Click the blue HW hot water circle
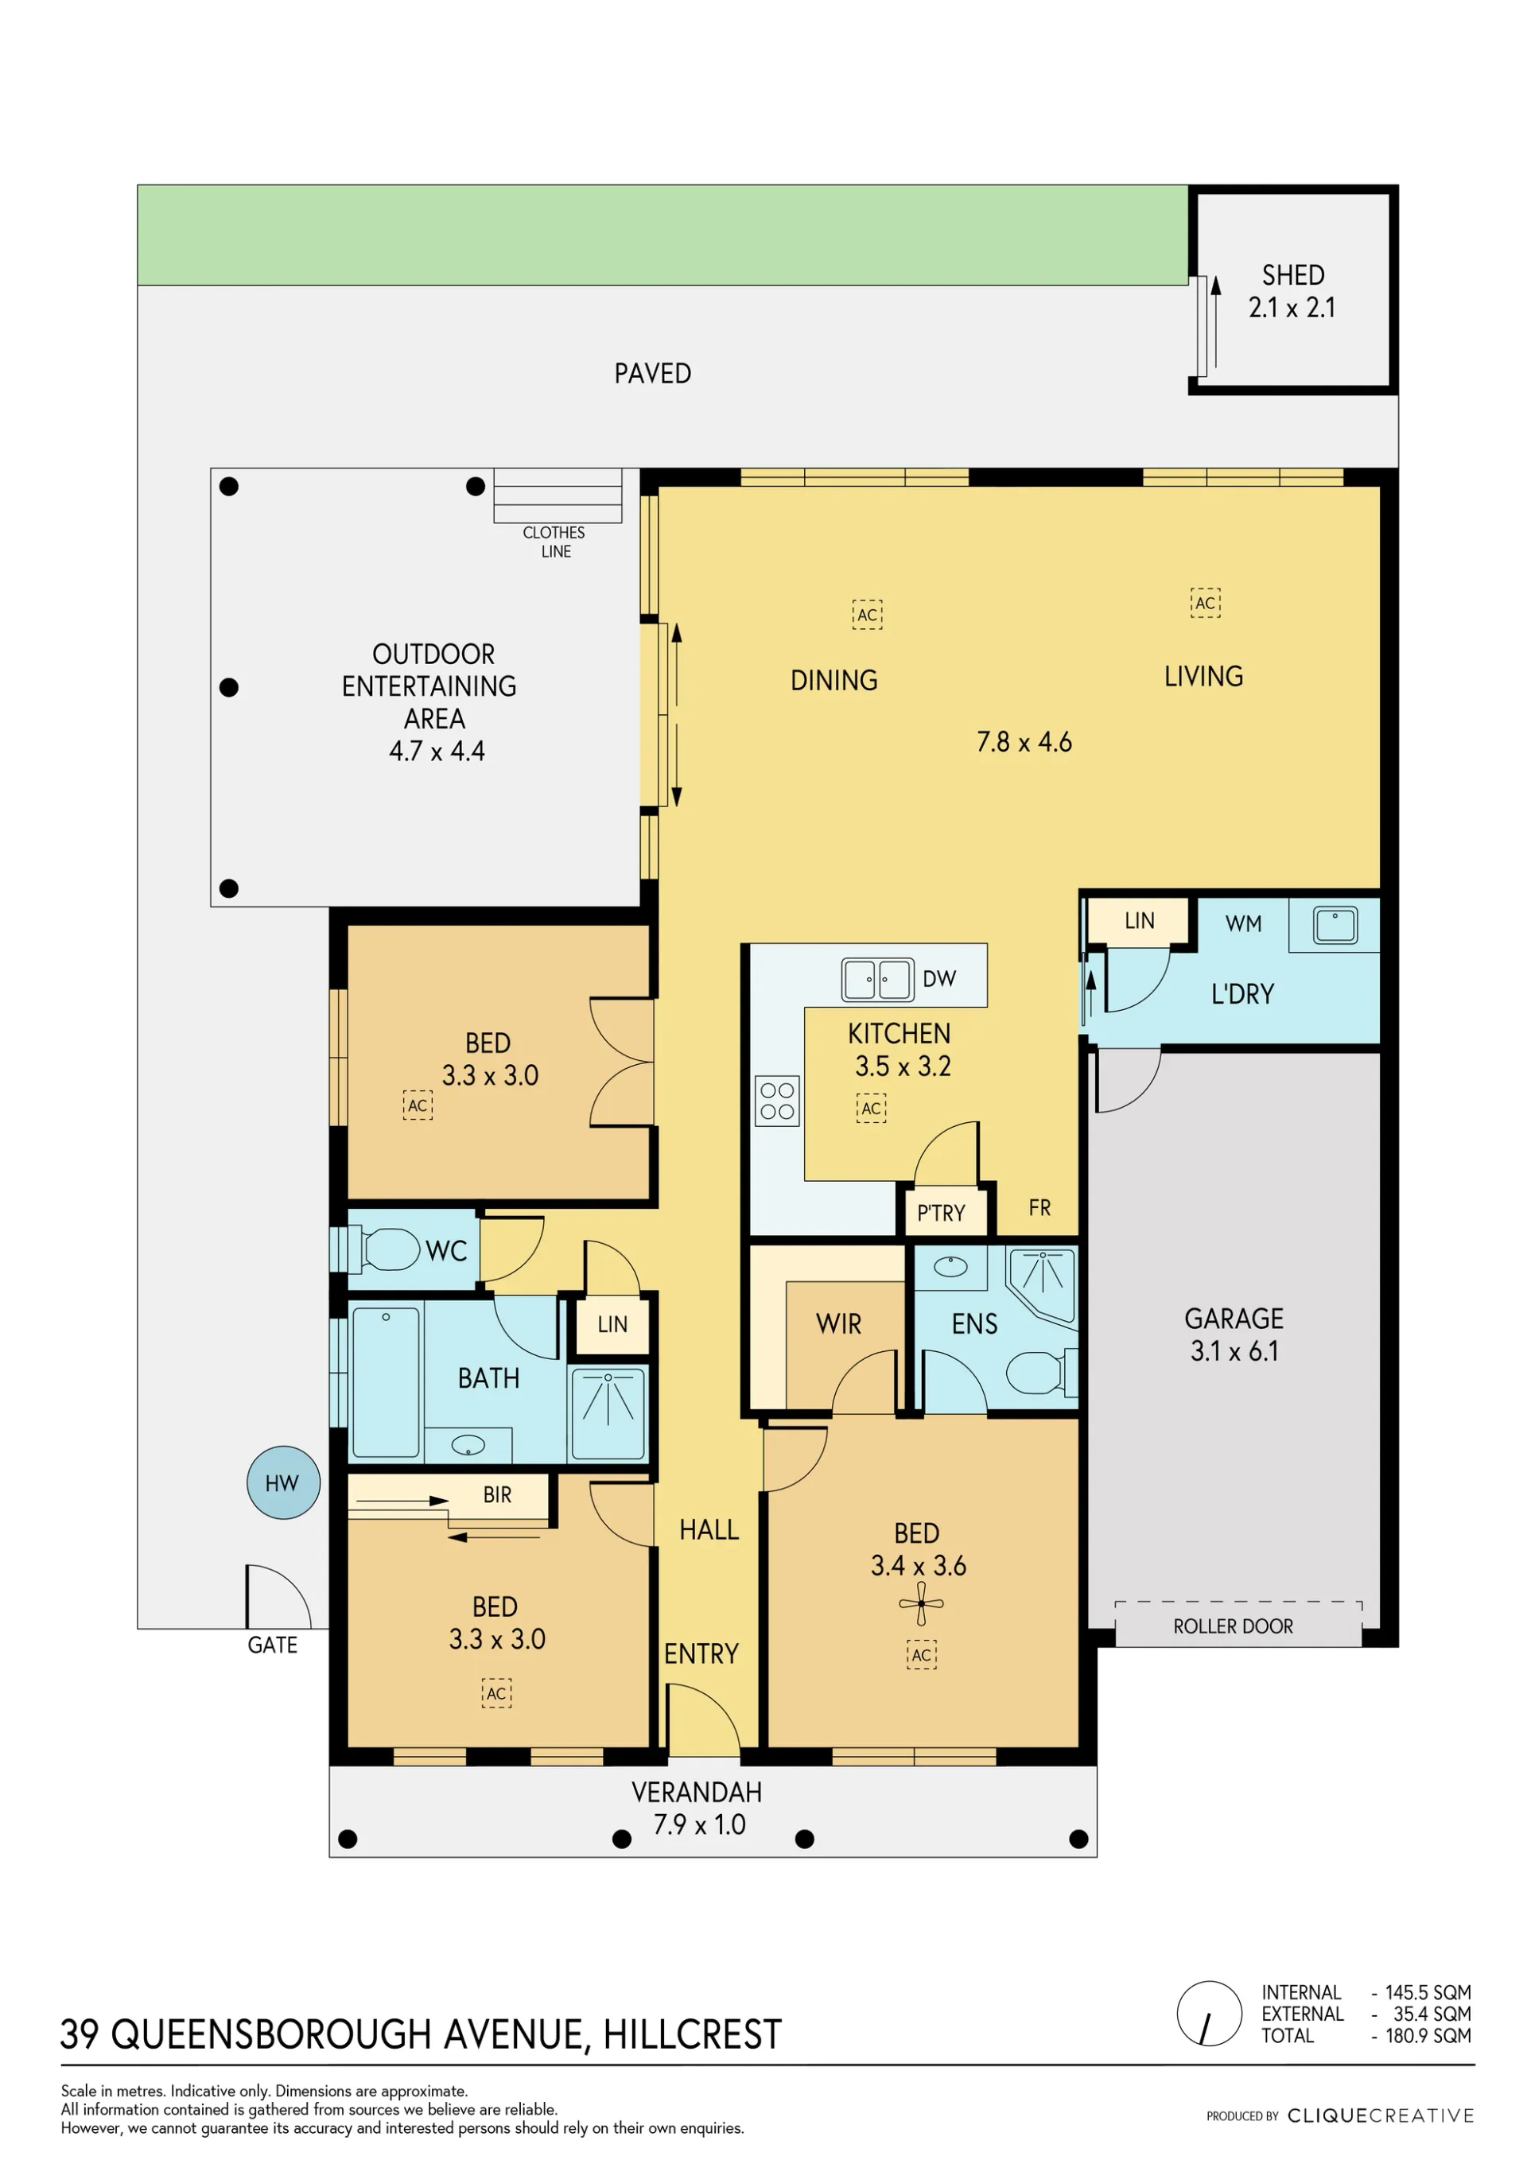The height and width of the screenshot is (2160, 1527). click(283, 1482)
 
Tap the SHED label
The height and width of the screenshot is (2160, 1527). click(1292, 274)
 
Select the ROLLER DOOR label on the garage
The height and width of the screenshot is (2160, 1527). click(1233, 1626)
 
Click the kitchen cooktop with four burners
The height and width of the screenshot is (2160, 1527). click(777, 1101)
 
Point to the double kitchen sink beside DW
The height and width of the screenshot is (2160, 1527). click(877, 979)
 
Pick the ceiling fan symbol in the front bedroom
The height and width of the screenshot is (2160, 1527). click(921, 1604)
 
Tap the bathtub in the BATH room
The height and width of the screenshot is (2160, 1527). click(386, 1381)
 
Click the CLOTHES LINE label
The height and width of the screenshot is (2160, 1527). click(554, 542)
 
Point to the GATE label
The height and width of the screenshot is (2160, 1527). click(272, 1645)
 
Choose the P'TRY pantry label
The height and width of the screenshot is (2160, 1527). click(941, 1213)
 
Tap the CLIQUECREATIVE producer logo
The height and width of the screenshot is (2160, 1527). click(1380, 2115)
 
